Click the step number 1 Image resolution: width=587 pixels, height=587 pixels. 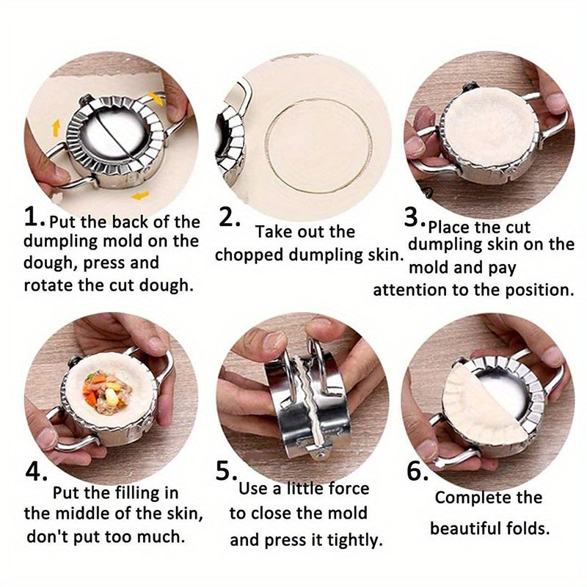click(31, 216)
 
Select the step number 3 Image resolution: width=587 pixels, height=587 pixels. click(412, 216)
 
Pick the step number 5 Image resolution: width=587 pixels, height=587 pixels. click(224, 471)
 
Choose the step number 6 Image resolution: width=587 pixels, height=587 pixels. click(415, 471)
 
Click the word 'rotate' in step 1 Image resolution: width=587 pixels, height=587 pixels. click(48, 285)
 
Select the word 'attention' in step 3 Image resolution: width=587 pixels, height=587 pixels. click(410, 290)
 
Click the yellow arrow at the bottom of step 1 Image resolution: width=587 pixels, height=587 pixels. click(140, 195)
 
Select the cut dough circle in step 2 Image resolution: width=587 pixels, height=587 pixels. click(318, 146)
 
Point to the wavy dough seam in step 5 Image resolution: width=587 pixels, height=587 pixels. click(310, 404)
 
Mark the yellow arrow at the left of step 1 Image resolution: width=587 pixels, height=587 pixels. click(56, 128)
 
